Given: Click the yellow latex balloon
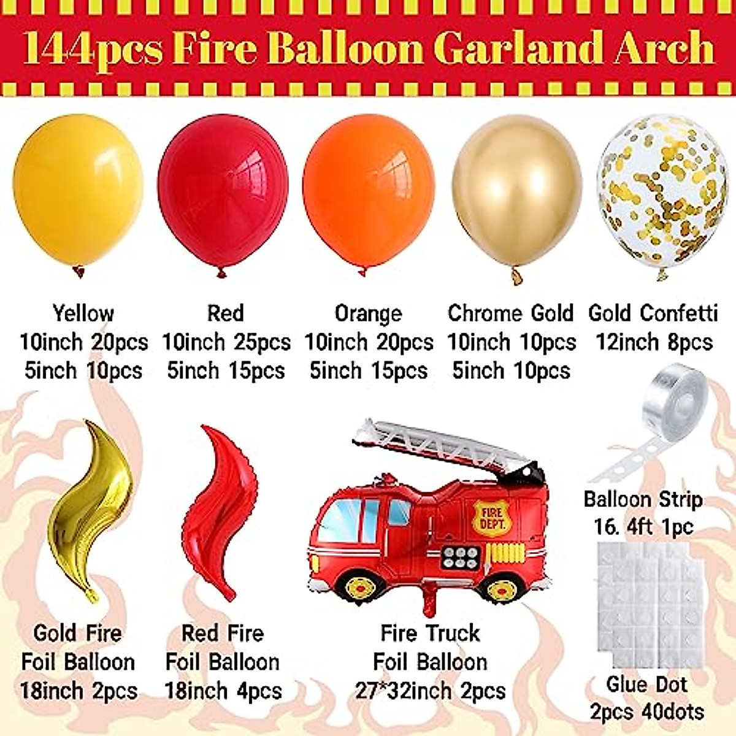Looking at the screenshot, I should (78, 190).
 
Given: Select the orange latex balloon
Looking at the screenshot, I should (368, 190).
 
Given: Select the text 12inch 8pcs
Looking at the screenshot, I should (654, 342).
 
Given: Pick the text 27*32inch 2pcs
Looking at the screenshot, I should (431, 691).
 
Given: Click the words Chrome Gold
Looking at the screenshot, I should (510, 313).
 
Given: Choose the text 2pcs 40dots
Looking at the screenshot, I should (646, 712).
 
